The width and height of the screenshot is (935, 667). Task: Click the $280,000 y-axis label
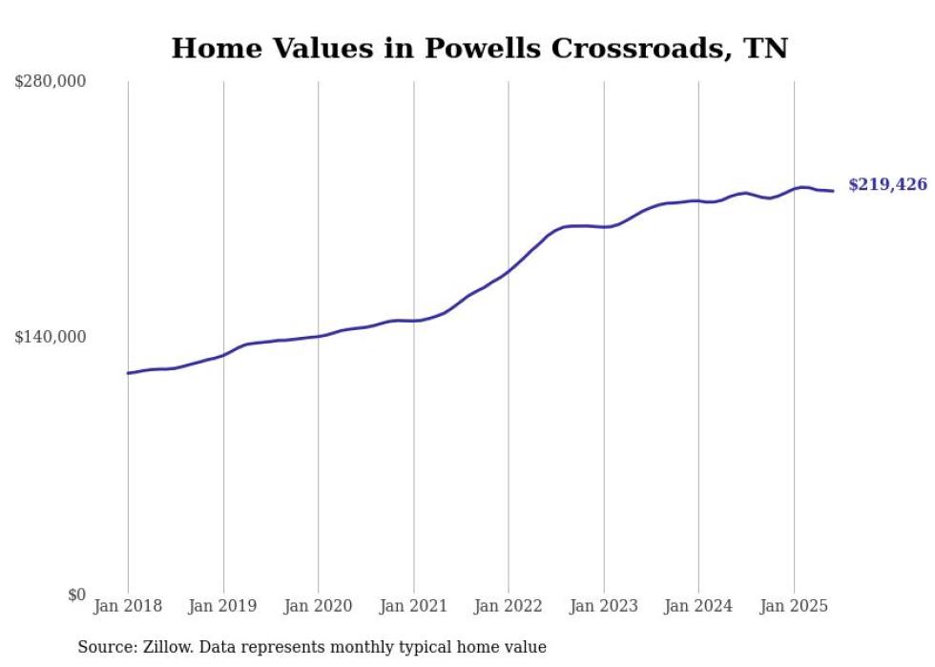(51, 82)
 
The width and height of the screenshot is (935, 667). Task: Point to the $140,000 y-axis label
(51, 337)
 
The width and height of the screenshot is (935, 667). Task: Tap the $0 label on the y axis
(76, 594)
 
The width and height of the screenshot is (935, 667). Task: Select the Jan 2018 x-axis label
(128, 606)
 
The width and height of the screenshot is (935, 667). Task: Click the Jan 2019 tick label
(223, 606)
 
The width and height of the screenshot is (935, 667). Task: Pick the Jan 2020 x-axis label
(318, 606)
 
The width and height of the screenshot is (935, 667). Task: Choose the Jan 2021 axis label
(413, 606)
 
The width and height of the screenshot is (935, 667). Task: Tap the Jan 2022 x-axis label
(509, 606)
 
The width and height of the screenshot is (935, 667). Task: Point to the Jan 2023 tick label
(603, 606)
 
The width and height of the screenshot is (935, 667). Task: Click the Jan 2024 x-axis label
(698, 606)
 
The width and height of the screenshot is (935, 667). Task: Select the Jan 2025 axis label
(794, 606)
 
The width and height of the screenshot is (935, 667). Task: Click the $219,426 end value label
(887, 185)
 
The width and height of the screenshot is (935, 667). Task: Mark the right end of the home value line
(834, 191)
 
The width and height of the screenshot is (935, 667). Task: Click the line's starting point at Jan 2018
(128, 373)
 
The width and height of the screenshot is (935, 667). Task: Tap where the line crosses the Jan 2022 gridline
(509, 271)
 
